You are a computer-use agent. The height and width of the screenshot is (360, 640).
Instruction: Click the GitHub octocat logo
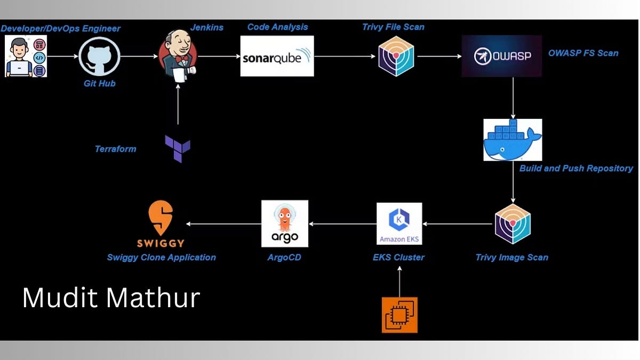pyautogui.click(x=99, y=56)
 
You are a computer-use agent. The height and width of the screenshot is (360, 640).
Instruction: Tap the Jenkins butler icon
pyautogui.click(x=178, y=56)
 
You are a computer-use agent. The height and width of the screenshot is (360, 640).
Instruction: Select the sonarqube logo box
pyautogui.click(x=277, y=56)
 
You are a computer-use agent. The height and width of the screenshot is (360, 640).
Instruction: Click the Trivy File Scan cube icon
pyautogui.click(x=396, y=56)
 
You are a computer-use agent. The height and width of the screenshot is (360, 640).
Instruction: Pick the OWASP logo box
pyautogui.click(x=501, y=56)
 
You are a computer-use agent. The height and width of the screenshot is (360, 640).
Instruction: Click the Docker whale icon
pyautogui.click(x=513, y=140)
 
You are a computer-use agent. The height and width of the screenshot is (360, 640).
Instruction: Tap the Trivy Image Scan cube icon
pyautogui.click(x=513, y=224)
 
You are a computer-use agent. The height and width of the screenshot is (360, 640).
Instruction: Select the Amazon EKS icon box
pyautogui.click(x=399, y=224)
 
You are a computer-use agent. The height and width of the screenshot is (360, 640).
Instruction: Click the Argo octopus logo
pyautogui.click(x=285, y=223)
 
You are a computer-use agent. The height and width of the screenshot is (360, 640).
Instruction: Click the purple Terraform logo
pyautogui.click(x=178, y=149)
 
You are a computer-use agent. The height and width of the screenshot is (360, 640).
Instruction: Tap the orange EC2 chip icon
pyautogui.click(x=399, y=315)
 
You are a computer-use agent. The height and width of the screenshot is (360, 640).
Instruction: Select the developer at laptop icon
pyautogui.click(x=26, y=56)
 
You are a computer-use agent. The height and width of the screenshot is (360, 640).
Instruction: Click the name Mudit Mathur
pyautogui.click(x=111, y=298)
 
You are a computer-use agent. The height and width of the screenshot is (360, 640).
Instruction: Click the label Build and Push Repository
pyautogui.click(x=576, y=169)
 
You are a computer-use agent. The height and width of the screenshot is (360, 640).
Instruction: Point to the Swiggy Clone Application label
pyautogui.click(x=161, y=258)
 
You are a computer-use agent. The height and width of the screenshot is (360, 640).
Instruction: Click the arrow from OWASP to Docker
pyautogui.click(x=513, y=98)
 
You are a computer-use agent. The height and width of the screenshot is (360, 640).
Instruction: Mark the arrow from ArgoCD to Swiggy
pyautogui.click(x=223, y=224)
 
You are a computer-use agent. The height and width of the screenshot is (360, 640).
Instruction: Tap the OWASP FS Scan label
pyautogui.click(x=583, y=53)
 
